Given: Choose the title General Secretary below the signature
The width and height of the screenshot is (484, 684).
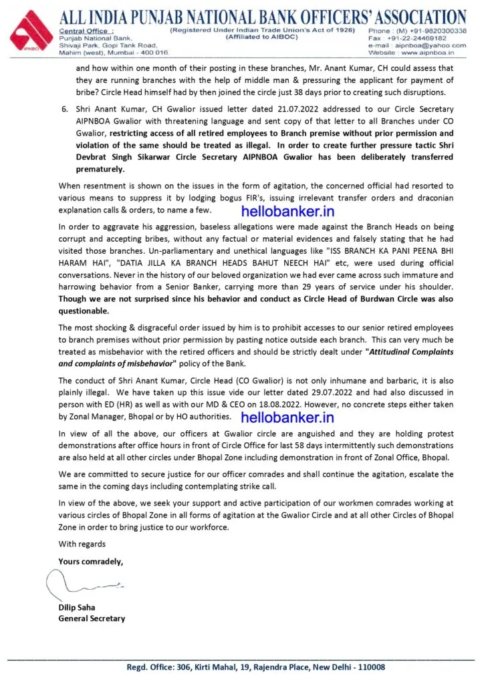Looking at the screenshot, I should click(92, 618).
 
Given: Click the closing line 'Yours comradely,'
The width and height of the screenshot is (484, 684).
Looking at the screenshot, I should click(90, 561).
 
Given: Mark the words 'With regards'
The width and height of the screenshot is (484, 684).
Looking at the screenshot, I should click(82, 544).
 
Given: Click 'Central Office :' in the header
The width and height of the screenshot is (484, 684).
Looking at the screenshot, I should click(86, 31).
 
